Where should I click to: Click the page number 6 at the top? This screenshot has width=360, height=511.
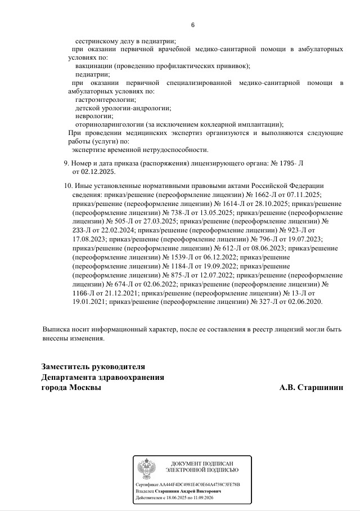[x=193, y=25]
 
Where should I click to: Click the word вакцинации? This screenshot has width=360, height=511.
[x=94, y=66]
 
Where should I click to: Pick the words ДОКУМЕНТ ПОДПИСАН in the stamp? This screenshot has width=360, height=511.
[x=202, y=463]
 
